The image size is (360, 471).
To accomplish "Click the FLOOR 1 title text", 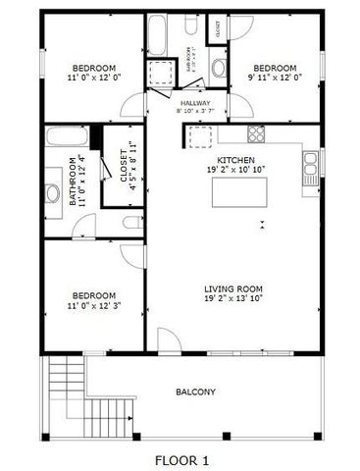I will (181, 459).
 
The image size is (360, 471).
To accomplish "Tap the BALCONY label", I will (195, 392).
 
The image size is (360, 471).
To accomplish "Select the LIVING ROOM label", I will (233, 288).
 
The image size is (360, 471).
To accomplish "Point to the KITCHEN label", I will (235, 159).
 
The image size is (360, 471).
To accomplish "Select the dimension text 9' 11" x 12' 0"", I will (275, 77).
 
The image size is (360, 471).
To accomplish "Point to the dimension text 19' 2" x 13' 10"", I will (233, 298).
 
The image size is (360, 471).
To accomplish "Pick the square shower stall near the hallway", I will (159, 74).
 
